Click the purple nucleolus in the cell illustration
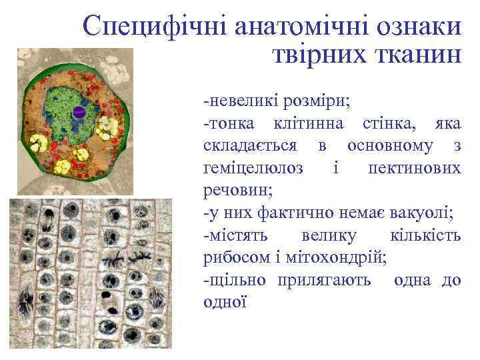coord(78,112)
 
